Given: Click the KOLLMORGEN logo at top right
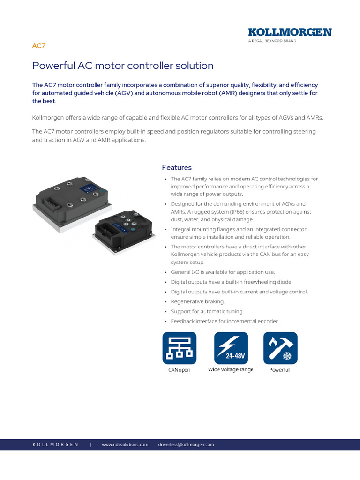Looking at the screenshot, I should tap(290, 32).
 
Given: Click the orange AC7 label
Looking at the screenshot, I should tap(38, 46).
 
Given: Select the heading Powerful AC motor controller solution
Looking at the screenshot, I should tap(123, 66).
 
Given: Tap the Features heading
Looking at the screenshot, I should tap(177, 167).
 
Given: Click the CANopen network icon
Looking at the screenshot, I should tap(180, 348).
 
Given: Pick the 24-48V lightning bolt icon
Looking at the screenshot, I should tap(231, 348).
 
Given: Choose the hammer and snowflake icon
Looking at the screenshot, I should tap(280, 348).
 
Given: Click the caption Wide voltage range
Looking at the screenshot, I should tap(231, 369).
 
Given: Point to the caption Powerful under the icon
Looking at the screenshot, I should tap(279, 370).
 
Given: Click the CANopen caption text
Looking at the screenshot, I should tap(180, 370).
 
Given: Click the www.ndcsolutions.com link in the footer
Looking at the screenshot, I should tap(125, 444).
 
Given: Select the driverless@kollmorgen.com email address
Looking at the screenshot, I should tap(186, 444).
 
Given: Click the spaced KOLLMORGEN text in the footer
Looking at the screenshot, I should tap(55, 444).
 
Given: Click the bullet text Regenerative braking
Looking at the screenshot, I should tap(198, 301).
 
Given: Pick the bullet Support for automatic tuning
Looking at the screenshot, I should tap(207, 311).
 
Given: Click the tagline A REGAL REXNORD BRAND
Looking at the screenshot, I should tap(272, 41).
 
